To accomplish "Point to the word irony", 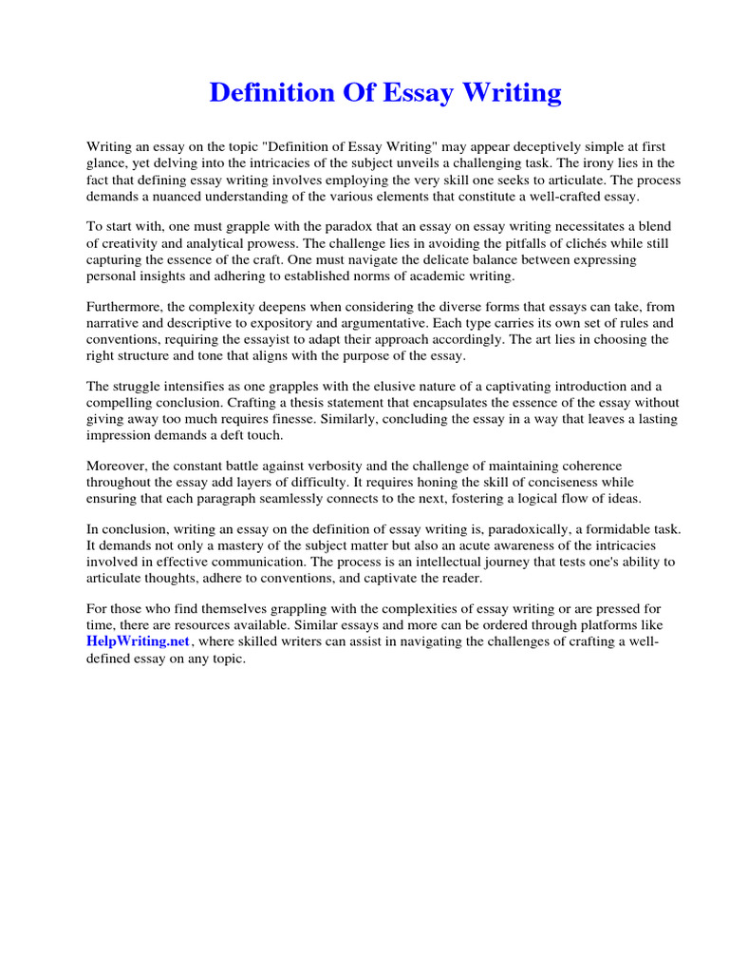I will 589,163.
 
